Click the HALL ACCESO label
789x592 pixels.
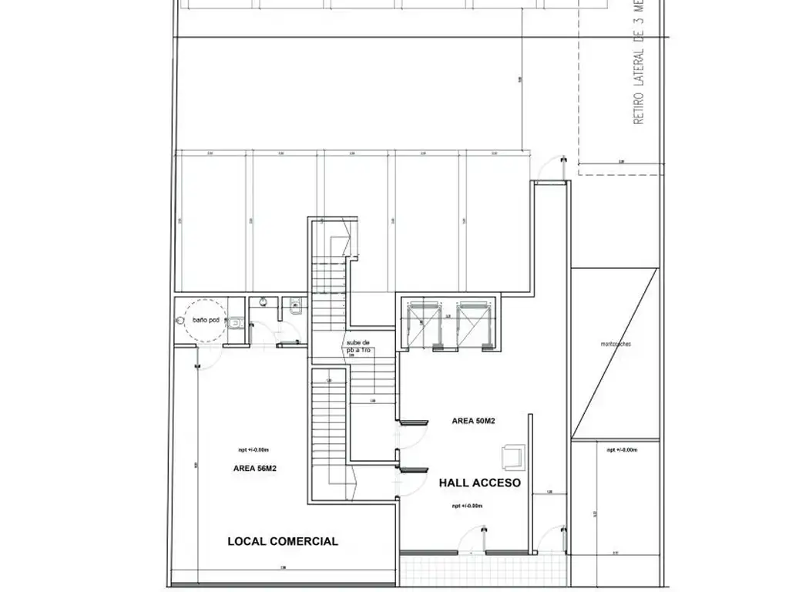tap(480, 483)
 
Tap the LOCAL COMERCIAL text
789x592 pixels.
tap(283, 541)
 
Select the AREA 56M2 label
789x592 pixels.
tap(254, 468)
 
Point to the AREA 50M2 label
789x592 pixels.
tap(473, 421)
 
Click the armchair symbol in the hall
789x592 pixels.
tap(512, 456)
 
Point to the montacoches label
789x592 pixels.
tap(616, 344)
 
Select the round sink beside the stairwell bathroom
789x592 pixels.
tap(264, 302)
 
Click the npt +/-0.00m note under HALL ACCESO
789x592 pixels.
tap(467, 506)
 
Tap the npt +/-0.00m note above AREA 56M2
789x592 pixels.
tap(253, 449)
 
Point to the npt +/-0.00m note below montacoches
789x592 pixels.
tap(622, 449)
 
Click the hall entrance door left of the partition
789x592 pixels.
tap(483, 540)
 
